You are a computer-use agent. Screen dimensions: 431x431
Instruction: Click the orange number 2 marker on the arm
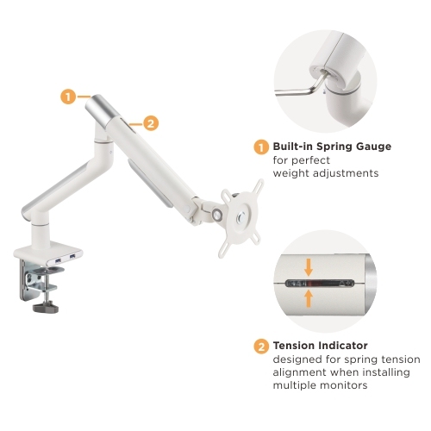(150, 123)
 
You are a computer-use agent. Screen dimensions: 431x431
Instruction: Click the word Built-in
(292, 147)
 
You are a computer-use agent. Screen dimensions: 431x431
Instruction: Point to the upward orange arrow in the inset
(309, 298)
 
